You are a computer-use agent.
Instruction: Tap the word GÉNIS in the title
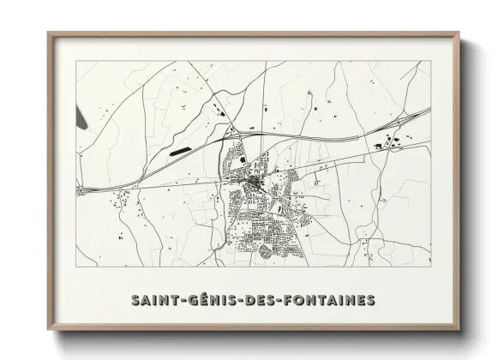pyautogui.click(x=210, y=300)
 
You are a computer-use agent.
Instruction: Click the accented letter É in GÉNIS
pyautogui.click(x=200, y=300)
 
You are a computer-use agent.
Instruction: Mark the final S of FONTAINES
pyautogui.click(x=371, y=300)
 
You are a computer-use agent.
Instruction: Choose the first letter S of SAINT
pyautogui.click(x=135, y=300)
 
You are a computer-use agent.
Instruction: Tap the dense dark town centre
pyautogui.click(x=255, y=185)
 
